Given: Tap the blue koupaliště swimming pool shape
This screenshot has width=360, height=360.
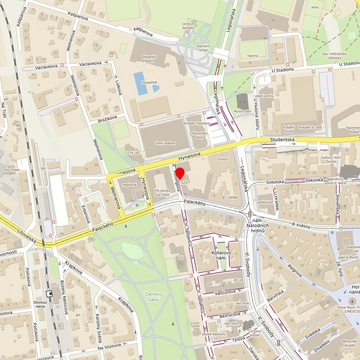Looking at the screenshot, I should tap(140, 83).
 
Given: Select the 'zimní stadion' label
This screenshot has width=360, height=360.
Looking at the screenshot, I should tap(165, 143).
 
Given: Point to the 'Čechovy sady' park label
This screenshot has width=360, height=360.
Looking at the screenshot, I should tap(157, 297).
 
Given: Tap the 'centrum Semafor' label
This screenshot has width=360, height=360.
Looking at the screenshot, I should tap(188, 26).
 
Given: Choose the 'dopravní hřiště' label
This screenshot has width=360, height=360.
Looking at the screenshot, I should tap(203, 48).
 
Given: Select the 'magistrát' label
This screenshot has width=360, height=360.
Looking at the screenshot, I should tap(129, 184).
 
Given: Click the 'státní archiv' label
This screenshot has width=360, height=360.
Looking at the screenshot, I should tap(264, 95).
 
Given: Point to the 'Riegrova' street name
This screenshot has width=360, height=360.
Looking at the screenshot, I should tap(295, 272).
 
